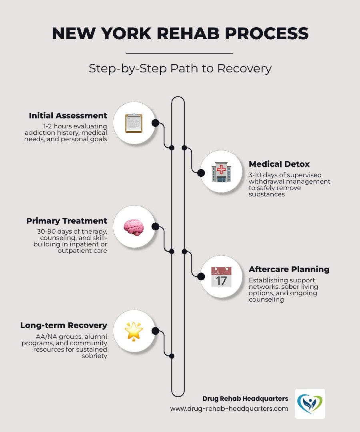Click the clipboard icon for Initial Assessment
pyautogui.click(x=134, y=123)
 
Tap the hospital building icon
pyautogui.click(x=221, y=172)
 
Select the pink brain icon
pyautogui.click(x=134, y=227)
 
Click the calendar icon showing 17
pyautogui.click(x=221, y=277)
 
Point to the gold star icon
pyautogui.click(x=134, y=331)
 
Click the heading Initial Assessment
pyautogui.click(x=68, y=116)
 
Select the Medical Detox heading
pyautogui.click(x=279, y=164)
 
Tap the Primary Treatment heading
pyautogui.click(x=67, y=221)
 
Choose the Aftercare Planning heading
pyautogui.click(x=289, y=269)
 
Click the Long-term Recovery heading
pyautogui.click(x=64, y=325)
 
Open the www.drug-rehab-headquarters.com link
pyautogui.click(x=229, y=408)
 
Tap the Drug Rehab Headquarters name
pyautogui.click(x=245, y=398)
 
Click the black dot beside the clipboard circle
pyautogui.click(x=156, y=123)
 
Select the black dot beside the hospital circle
pyautogui.click(x=201, y=172)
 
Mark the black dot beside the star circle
pyautogui.click(x=156, y=331)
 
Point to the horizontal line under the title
pyautogui.click(x=179, y=53)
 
